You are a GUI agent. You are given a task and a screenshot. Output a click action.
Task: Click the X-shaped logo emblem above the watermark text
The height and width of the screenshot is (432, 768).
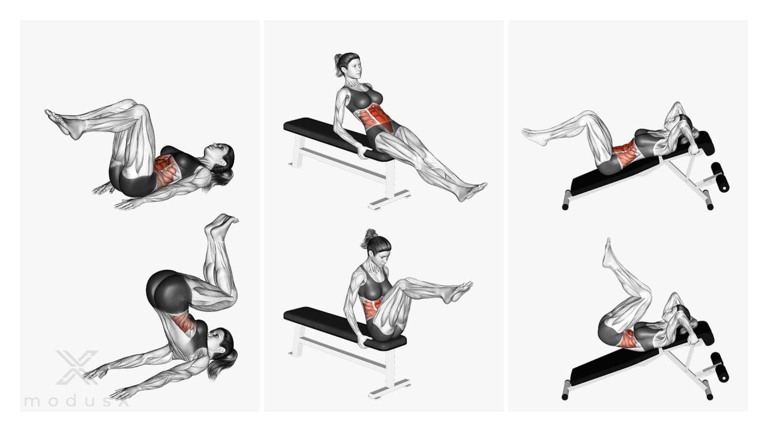pos(77,367)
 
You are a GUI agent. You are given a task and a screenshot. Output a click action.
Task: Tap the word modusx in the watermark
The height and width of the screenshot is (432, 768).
pos(77,401)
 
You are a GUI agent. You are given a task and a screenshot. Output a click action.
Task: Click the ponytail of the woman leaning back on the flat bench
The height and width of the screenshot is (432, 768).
pos(338,65)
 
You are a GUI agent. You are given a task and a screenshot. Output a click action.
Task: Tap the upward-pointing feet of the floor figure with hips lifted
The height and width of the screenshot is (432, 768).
pos(221,225)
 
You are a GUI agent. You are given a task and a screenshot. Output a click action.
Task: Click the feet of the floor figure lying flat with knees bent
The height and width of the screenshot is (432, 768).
pos(61,124)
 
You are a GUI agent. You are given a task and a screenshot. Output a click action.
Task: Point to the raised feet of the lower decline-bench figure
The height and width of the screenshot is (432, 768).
pos(608,253)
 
